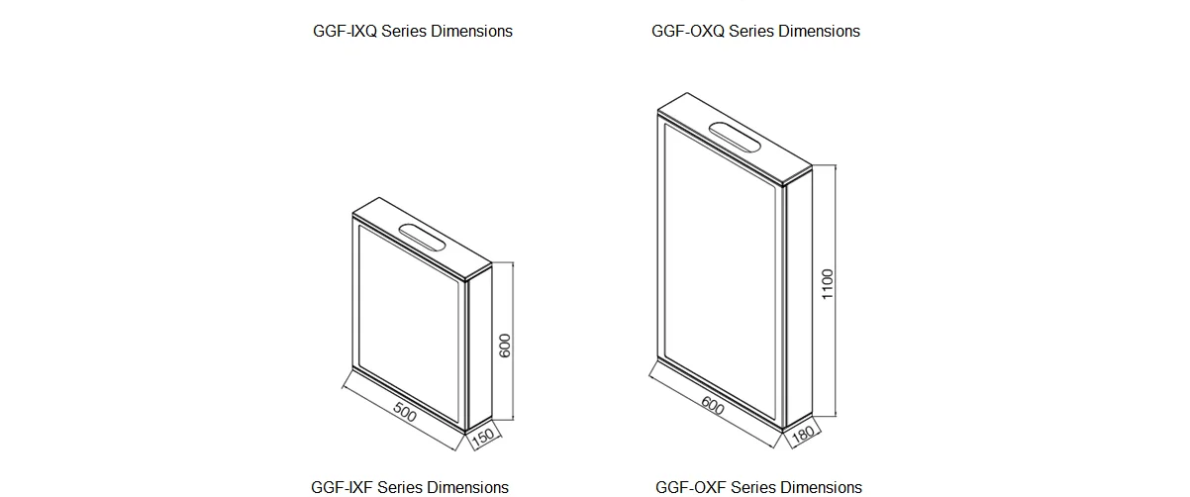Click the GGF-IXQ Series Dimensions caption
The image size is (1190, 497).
point(413,32)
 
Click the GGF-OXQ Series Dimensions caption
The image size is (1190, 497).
point(755,32)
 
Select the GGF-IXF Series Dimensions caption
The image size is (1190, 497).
point(410,487)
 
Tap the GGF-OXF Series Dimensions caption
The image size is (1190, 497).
point(758,487)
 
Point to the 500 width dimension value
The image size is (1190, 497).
point(405,412)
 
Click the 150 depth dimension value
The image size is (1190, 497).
point(483,437)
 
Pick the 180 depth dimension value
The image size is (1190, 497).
point(803,435)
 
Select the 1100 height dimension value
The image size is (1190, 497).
point(828,284)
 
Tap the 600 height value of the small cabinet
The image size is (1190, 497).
point(505,346)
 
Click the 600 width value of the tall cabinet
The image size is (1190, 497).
point(713,406)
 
